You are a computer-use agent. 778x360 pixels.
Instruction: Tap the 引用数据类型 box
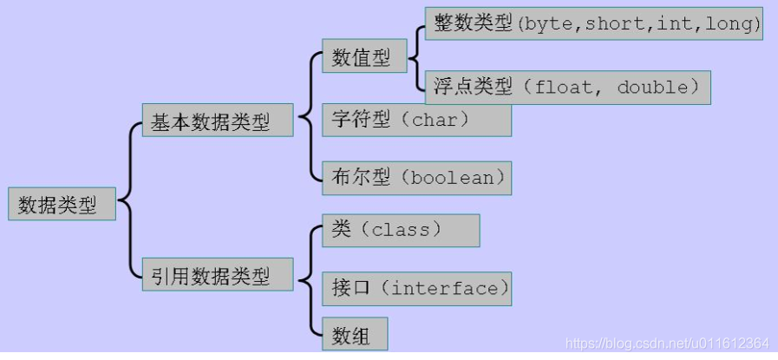[x=217, y=276]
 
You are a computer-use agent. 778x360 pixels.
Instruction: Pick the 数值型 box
[x=363, y=58]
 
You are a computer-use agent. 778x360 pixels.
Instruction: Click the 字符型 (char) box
[x=415, y=120]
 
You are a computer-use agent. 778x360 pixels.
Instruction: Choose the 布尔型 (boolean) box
[x=415, y=178]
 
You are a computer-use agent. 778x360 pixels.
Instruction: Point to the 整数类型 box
[x=593, y=25]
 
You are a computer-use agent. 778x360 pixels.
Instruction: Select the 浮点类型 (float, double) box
[x=567, y=88]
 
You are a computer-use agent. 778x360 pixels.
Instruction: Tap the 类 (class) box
[x=400, y=230]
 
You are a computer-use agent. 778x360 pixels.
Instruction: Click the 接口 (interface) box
[x=415, y=288]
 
